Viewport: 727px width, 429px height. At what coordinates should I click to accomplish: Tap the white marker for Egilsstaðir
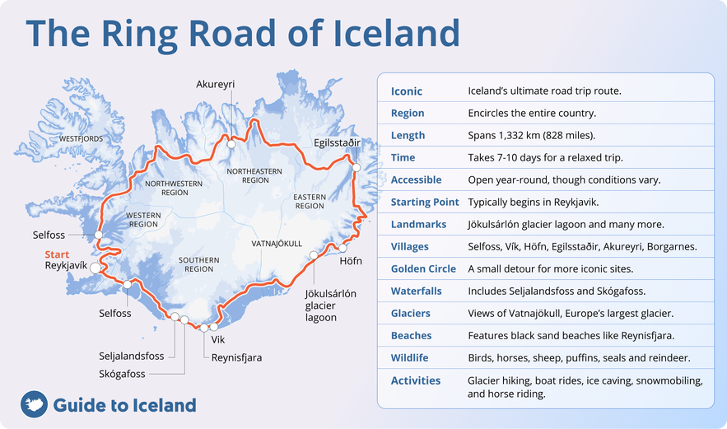[x=357, y=167]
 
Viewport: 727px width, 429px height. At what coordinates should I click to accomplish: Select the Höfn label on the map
[x=350, y=262]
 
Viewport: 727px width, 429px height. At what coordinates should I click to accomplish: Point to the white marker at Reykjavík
[x=96, y=268]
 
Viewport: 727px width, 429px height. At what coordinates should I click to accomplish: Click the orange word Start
[x=57, y=254]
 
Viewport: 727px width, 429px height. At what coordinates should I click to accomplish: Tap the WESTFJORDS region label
[x=81, y=139]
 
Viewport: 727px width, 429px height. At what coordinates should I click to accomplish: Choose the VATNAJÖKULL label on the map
[x=277, y=244]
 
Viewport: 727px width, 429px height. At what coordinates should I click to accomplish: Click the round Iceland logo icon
[x=33, y=404]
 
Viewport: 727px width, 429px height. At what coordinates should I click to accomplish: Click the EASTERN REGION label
[x=310, y=201]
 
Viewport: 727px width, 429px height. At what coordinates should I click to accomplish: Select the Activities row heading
[x=416, y=380]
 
